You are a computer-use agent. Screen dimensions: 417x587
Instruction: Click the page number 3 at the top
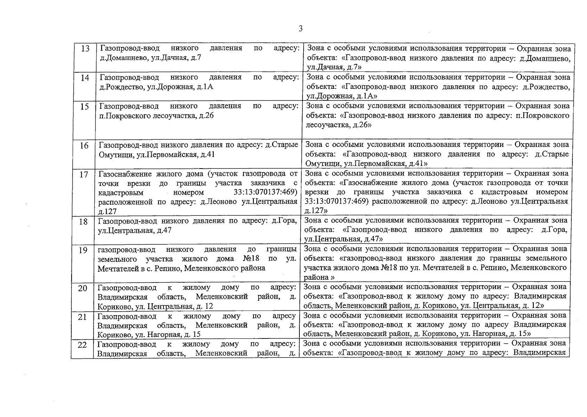point(300,29)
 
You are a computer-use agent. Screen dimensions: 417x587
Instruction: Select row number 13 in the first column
point(85,49)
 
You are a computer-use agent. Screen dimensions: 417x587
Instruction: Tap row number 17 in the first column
point(84,174)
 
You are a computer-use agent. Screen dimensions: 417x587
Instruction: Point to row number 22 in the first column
point(82,345)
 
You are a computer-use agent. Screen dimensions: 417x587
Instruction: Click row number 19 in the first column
point(83,250)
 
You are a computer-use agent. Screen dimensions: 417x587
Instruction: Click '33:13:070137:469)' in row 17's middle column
point(266,192)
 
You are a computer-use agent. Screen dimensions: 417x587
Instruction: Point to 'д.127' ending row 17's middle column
point(107,211)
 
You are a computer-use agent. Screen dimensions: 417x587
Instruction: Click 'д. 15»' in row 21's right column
point(520,334)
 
